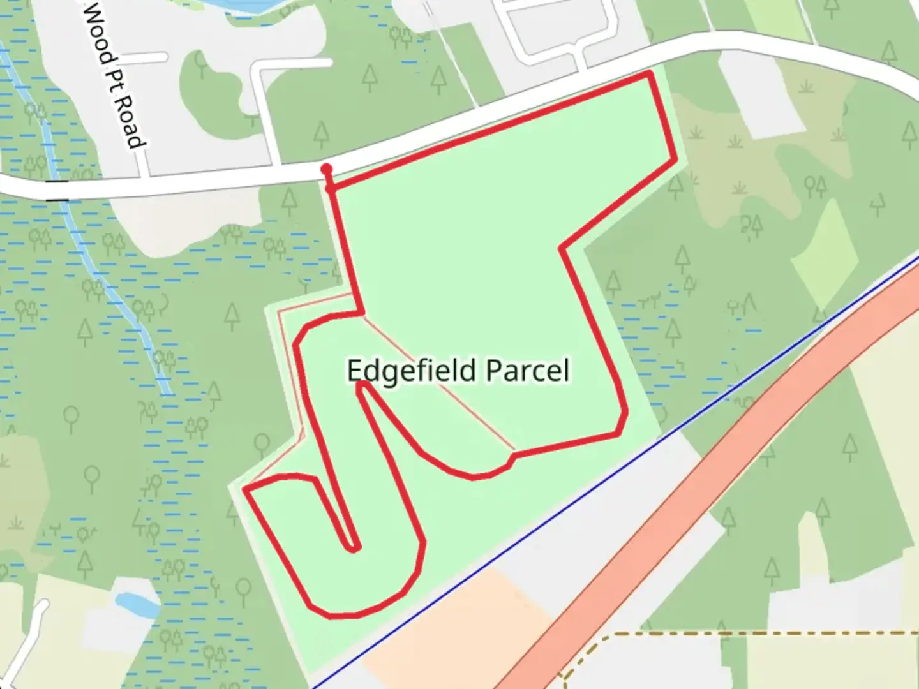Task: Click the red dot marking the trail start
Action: [327, 169]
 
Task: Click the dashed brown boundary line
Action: [734, 634]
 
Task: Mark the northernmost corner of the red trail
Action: [649, 75]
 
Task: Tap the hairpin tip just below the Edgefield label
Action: [361, 383]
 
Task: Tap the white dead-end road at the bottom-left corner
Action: [26, 638]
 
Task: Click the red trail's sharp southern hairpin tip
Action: [353, 547]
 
